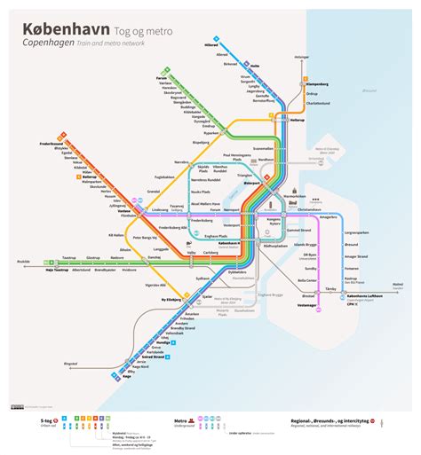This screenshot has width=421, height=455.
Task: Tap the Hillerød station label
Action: click(x=209, y=43)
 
